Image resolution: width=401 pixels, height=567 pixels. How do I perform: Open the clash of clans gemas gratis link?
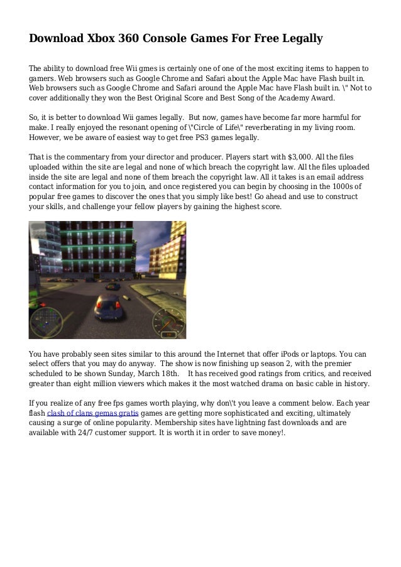pos(92,413)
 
